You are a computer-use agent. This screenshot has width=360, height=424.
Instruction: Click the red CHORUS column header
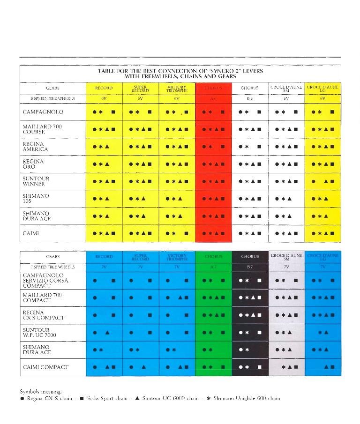[213, 88]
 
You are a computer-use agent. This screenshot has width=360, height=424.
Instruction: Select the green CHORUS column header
[213, 256]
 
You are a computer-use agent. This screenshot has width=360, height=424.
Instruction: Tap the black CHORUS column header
[250, 256]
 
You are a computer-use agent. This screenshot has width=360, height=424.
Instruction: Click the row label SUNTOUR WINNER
[36, 181]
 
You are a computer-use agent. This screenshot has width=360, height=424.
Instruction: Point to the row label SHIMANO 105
[36, 199]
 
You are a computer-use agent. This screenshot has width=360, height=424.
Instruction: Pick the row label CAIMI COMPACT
[45, 367]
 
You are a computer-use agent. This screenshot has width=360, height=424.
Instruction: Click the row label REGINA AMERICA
[35, 147]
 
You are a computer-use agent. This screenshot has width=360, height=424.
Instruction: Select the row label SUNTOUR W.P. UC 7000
[39, 333]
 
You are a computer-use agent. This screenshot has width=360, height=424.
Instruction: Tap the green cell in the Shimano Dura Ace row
[213, 350]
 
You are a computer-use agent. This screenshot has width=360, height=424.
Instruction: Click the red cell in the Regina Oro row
[213, 164]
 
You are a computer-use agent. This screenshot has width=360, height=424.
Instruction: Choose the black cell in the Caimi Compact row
[250, 367]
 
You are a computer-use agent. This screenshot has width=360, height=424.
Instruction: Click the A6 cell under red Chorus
[213, 98]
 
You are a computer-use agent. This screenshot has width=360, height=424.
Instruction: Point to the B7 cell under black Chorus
[250, 267]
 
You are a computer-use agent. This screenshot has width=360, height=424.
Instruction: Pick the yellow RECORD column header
[104, 88]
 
